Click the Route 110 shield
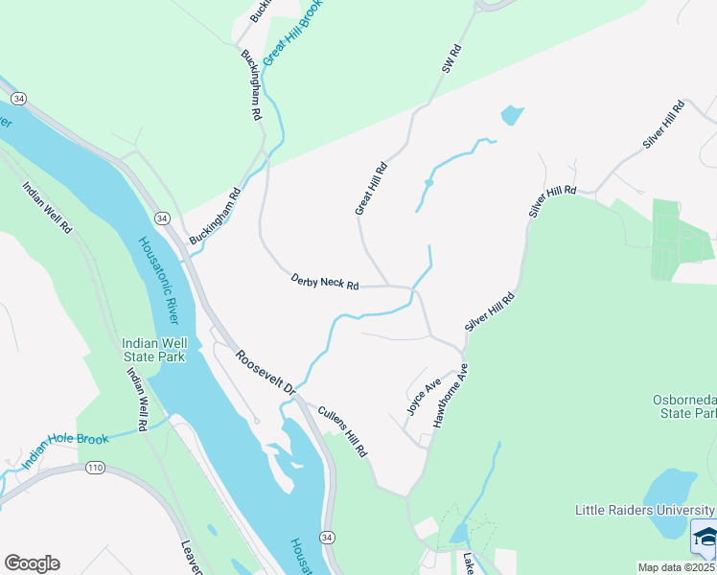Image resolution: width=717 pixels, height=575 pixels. point(95,467)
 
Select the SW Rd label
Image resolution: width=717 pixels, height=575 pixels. point(451,59)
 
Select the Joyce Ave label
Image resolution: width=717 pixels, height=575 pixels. point(423,396)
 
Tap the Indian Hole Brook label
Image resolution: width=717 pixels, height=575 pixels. point(62,447)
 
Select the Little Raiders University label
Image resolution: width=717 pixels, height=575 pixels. point(644,510)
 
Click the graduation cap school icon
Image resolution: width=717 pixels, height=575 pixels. point(705,538)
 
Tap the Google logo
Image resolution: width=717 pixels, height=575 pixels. point(32,563)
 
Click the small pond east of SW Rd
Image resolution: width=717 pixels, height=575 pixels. point(512,116)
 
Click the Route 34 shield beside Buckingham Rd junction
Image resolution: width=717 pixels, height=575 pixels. point(163,218)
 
